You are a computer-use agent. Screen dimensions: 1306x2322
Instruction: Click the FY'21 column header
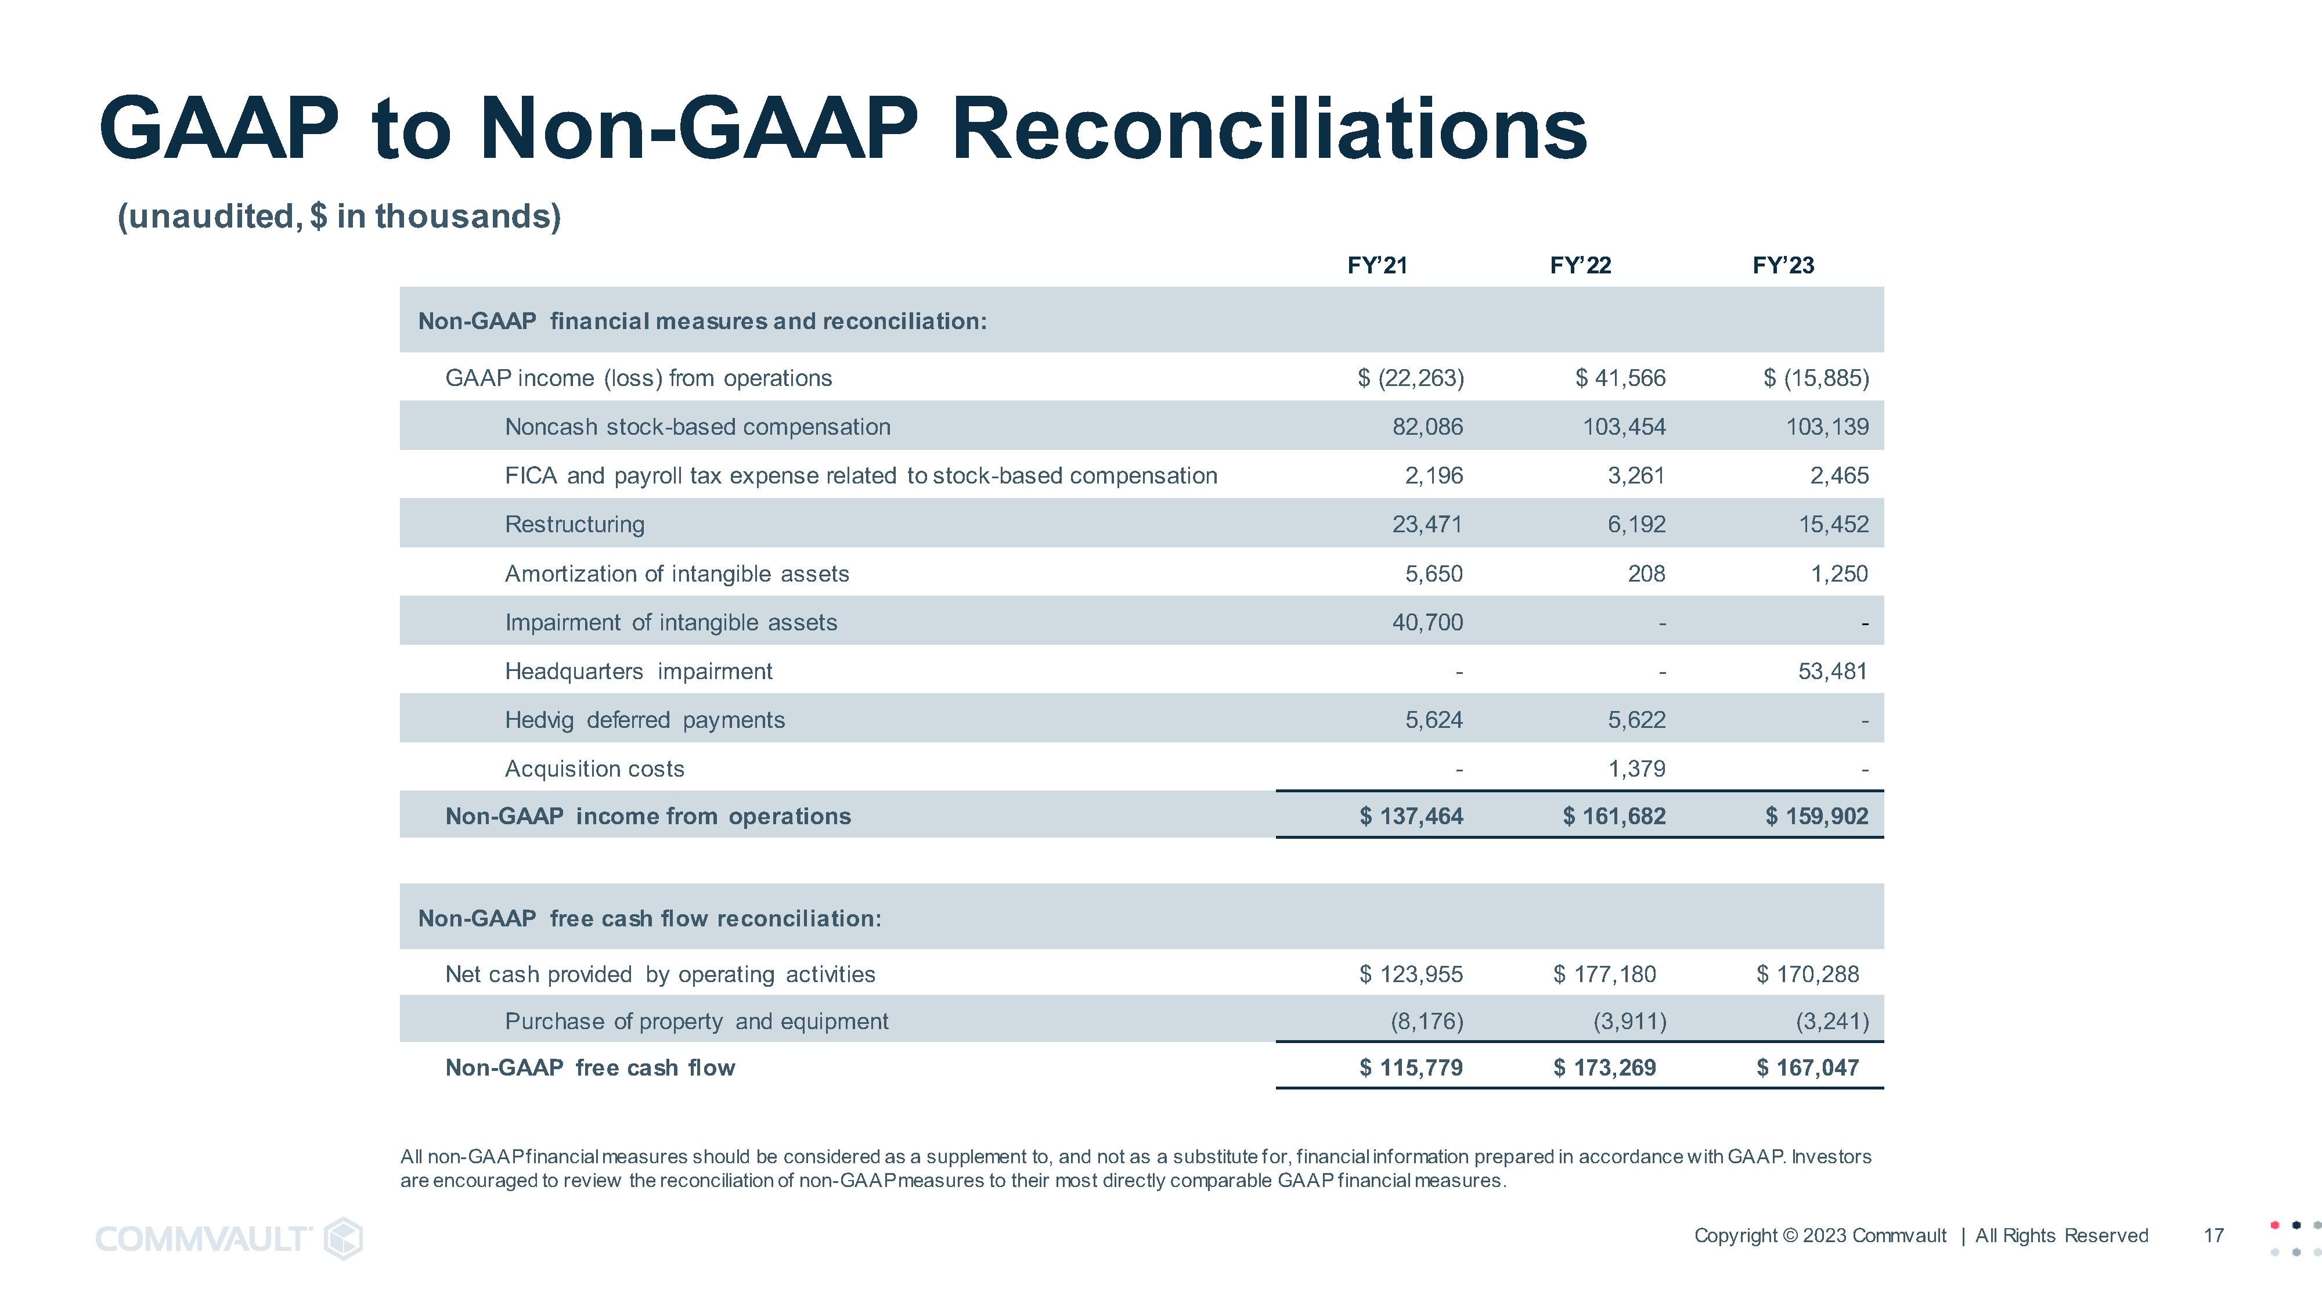pyautogui.click(x=1376, y=265)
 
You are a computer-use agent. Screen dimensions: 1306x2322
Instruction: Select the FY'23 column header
pyautogui.click(x=1782, y=265)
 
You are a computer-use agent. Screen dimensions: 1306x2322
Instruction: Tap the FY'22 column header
pyautogui.click(x=1579, y=265)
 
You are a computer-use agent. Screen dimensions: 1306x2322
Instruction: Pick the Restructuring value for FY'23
pyautogui.click(x=1833, y=524)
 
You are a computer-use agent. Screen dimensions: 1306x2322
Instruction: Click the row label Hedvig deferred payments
pyautogui.click(x=644, y=719)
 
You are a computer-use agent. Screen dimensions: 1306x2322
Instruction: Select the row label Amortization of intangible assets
pyautogui.click(x=676, y=573)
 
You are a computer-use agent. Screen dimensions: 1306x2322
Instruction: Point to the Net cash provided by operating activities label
pyautogui.click(x=660, y=973)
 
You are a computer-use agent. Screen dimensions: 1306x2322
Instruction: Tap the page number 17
pyautogui.click(x=2213, y=1235)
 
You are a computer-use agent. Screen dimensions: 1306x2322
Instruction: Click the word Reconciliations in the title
pyautogui.click(x=1268, y=129)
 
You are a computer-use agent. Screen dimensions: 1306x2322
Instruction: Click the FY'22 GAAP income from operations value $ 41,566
pyautogui.click(x=1620, y=378)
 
